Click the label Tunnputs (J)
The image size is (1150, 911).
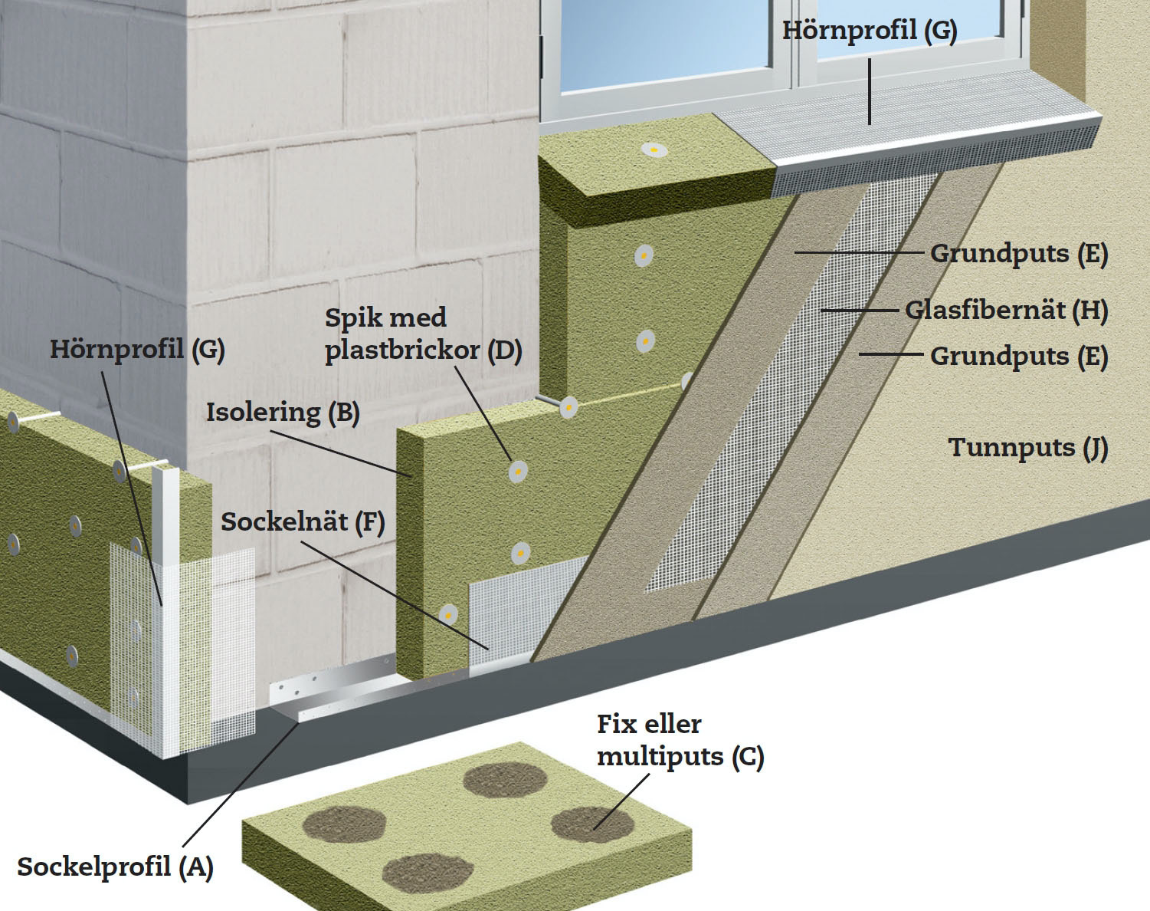click(1027, 448)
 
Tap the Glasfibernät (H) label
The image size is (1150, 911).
click(1006, 311)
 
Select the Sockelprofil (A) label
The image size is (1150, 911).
click(115, 867)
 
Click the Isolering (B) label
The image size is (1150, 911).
click(283, 413)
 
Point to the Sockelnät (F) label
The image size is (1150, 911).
click(303, 522)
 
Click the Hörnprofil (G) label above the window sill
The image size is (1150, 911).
click(870, 31)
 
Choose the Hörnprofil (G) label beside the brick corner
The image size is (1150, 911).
click(137, 350)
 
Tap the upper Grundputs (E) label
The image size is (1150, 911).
click(1019, 254)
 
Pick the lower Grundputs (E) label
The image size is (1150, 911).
click(1019, 357)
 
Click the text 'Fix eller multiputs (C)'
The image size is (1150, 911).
click(680, 741)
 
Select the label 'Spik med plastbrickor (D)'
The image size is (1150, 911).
click(423, 334)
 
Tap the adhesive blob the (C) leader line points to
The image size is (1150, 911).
click(592, 824)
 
